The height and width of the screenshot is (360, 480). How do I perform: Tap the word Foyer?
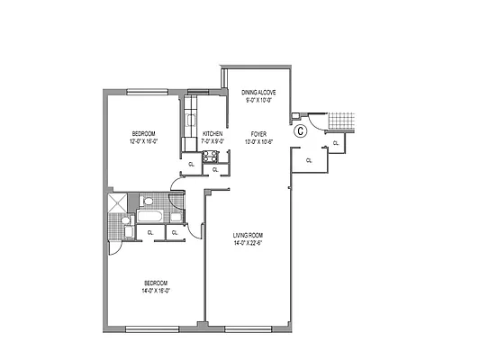click(x=259, y=133)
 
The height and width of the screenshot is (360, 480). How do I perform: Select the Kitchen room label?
click(x=213, y=134)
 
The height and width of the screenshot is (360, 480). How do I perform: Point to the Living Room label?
click(x=247, y=236)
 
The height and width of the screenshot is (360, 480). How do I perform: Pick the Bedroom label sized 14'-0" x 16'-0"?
click(x=155, y=283)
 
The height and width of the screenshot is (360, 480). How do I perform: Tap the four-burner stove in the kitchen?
click(x=213, y=157)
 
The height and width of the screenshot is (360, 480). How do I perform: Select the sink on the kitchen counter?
click(x=191, y=119)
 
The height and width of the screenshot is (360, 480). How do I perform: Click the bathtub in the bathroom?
click(x=149, y=218)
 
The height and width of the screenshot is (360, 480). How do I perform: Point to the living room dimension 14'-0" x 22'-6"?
click(x=247, y=243)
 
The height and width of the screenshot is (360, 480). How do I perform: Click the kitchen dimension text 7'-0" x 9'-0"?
click(x=213, y=141)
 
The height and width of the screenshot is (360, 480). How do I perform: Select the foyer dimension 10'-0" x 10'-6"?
click(x=259, y=140)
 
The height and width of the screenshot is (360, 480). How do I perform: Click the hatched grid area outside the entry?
click(x=343, y=121)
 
